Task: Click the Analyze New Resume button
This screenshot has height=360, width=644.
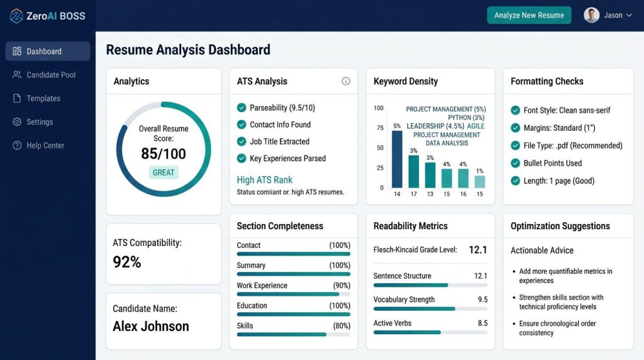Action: [529, 15]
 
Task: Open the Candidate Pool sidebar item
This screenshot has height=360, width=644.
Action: [45, 75]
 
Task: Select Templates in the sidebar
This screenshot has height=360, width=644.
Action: [36, 98]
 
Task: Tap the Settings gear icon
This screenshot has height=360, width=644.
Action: [17, 121]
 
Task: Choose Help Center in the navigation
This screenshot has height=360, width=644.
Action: [38, 145]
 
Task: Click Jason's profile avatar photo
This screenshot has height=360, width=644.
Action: [591, 15]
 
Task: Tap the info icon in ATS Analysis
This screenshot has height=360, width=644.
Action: [346, 81]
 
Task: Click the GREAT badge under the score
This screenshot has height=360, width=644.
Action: [164, 172]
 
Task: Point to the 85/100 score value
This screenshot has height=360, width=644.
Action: [164, 154]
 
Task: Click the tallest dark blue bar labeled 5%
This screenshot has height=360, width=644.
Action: [397, 159]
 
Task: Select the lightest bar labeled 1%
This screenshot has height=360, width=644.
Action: [480, 182]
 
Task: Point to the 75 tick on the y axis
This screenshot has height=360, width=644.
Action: [380, 128]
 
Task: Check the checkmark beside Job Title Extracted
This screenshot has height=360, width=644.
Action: [241, 142]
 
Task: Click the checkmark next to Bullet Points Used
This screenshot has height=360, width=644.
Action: [516, 163]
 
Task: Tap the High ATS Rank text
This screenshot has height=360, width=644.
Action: [265, 180]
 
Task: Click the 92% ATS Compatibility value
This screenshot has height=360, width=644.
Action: [127, 262]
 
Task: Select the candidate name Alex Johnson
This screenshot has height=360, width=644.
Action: [151, 326]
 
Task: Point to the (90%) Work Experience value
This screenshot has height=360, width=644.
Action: [341, 286]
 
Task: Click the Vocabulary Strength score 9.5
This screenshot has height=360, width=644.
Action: [482, 300]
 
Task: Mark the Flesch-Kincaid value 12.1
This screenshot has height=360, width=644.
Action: [478, 250]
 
